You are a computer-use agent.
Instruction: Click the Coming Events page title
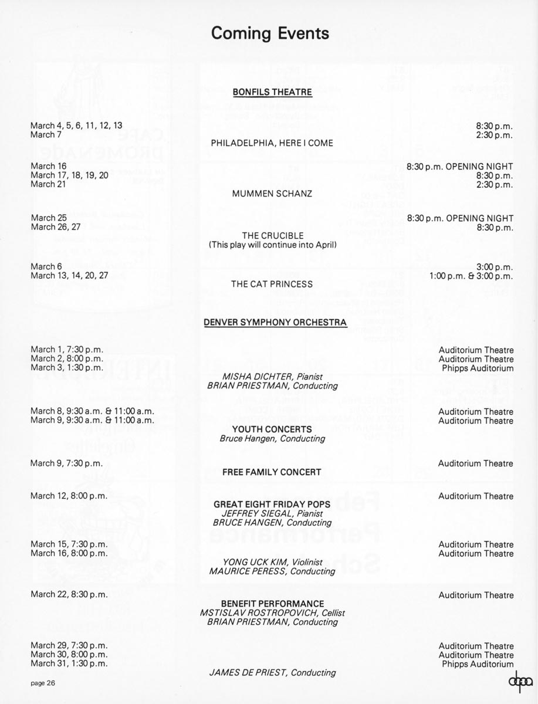point(270,33)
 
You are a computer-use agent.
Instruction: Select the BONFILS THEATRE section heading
point(272,92)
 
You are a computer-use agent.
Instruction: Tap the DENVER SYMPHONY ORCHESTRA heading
point(275,322)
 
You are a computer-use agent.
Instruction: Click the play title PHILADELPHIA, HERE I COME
point(272,143)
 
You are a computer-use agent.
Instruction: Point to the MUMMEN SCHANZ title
point(272,193)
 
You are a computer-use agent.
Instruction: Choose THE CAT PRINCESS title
point(272,284)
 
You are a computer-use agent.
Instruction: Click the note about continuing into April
point(272,245)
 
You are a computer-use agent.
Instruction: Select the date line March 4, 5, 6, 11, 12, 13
point(76,125)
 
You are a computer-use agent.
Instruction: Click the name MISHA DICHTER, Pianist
point(272,377)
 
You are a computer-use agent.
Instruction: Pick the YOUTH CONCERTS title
point(272,429)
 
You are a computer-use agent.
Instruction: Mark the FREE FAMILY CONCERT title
point(272,472)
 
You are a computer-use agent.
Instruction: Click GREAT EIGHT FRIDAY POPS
point(272,505)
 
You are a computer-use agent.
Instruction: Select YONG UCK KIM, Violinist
point(272,561)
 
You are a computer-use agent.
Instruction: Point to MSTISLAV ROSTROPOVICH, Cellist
point(272,612)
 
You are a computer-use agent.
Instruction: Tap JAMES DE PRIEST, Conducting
point(272,672)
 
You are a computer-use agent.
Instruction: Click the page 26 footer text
point(43,683)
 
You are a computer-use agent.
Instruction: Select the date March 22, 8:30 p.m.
point(69,594)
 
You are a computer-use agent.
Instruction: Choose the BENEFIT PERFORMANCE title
point(272,604)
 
